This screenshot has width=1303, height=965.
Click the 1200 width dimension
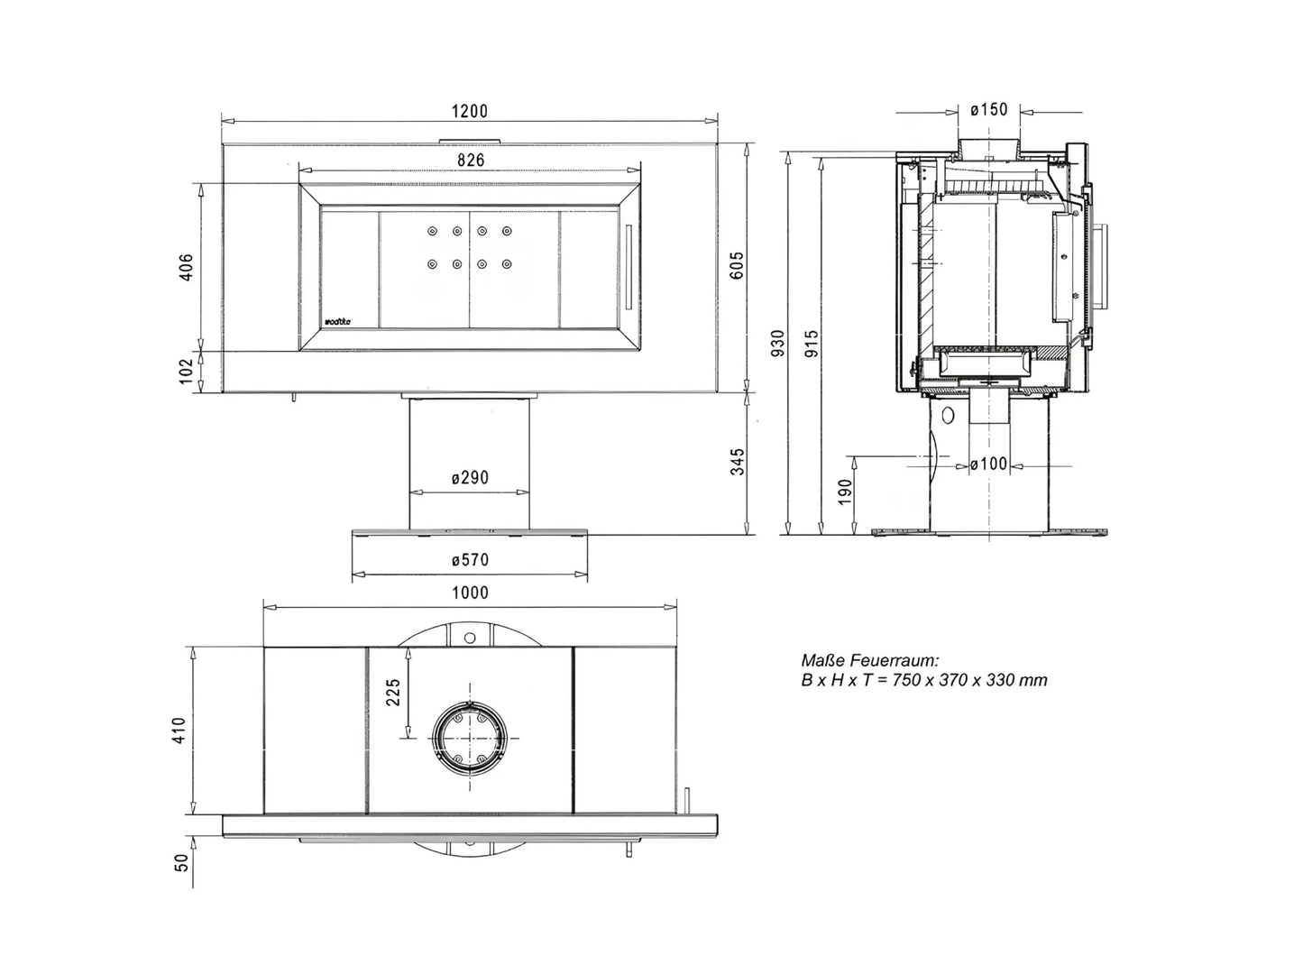tap(469, 111)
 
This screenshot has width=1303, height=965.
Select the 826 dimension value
tap(470, 160)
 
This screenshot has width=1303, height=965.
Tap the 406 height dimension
tap(187, 267)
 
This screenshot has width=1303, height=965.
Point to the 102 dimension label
tap(187, 372)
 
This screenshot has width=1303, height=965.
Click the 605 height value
tap(738, 265)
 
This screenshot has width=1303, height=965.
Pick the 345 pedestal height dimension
tap(738, 461)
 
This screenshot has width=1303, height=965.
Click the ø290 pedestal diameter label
tap(470, 477)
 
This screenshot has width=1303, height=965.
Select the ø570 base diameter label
tap(470, 560)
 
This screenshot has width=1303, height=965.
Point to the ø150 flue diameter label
tap(989, 110)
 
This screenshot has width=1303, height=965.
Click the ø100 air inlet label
tap(988, 464)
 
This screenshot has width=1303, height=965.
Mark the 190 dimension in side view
tap(845, 492)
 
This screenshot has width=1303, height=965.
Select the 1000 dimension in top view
tap(470, 593)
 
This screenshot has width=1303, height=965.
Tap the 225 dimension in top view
tap(393, 692)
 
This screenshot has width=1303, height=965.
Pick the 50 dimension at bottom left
tap(182, 862)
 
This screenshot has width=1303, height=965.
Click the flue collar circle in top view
tap(470, 738)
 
